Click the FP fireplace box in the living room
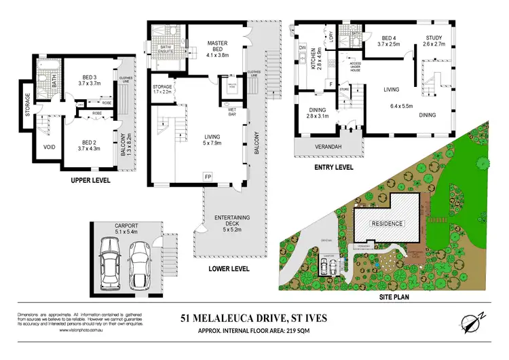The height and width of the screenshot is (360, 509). click(208, 175)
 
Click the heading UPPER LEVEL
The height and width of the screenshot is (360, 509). click(90, 181)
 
